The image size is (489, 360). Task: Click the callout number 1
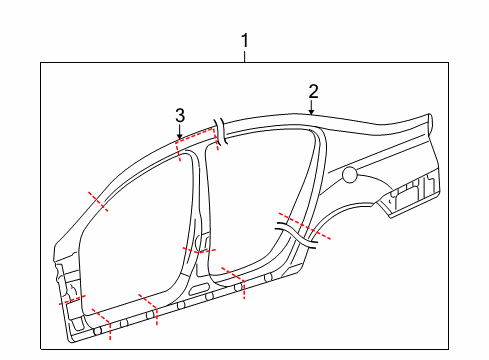point(245,40)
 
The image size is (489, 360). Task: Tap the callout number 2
point(313,92)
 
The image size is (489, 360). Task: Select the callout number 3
point(180,116)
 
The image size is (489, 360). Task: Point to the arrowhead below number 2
point(311,113)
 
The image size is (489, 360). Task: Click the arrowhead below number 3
point(180,136)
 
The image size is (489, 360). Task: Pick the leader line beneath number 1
point(245,56)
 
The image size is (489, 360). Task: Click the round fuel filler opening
point(350,175)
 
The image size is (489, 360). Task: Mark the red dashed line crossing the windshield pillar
point(98,201)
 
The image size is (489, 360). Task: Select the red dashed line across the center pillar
point(199,250)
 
